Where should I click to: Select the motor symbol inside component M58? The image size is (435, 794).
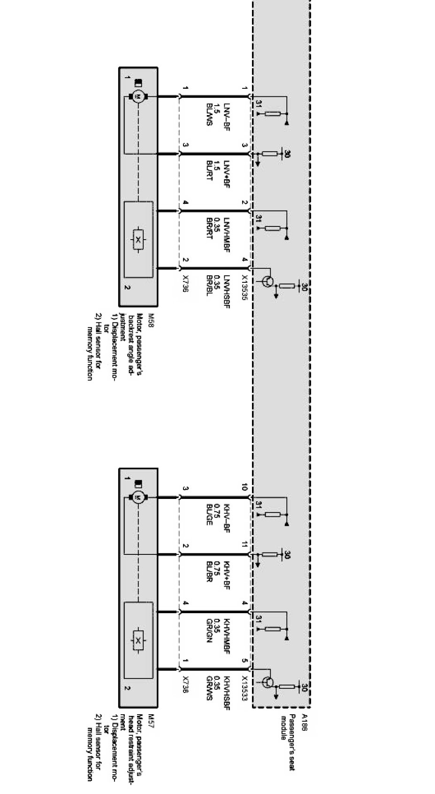(x=138, y=97)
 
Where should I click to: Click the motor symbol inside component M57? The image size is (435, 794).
(x=138, y=498)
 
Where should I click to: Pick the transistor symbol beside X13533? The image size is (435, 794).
(x=267, y=682)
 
